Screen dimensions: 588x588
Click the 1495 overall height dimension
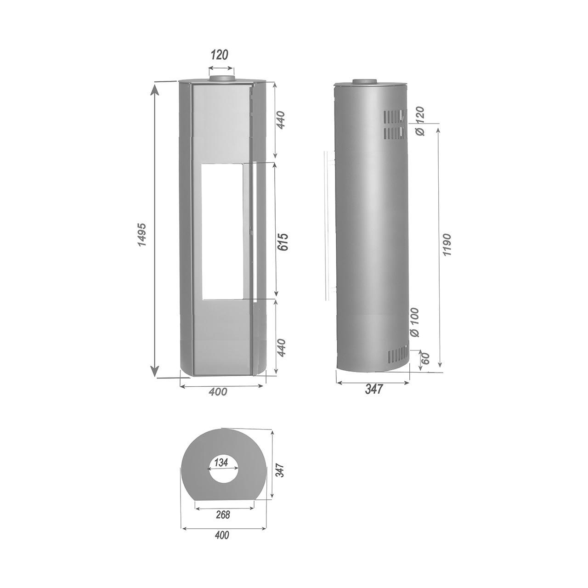pos(142,234)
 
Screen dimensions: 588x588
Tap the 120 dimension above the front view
pos(220,55)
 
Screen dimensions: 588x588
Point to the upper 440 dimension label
pos(281,120)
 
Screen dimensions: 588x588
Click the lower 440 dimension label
pos(281,347)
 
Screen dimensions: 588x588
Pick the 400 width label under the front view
pos(218,391)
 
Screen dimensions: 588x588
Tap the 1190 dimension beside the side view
pos(447,245)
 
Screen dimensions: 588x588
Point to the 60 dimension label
pos(426,358)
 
